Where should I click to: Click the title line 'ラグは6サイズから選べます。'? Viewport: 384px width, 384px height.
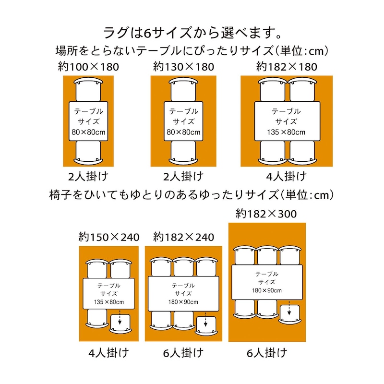(x=192, y=33)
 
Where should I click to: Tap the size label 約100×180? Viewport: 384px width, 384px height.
(x=88, y=66)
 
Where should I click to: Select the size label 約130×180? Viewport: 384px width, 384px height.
(x=183, y=66)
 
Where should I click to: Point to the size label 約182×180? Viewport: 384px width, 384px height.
(x=287, y=66)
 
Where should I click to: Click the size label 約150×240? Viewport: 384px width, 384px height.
(x=109, y=237)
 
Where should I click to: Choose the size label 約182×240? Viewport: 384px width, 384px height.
(x=184, y=237)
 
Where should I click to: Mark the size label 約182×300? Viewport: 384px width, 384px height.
(x=266, y=213)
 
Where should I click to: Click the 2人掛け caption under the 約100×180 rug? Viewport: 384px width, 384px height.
(x=88, y=176)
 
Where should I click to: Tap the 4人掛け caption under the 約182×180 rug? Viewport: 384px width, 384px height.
(x=287, y=176)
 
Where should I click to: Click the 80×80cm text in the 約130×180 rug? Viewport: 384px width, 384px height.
(x=183, y=131)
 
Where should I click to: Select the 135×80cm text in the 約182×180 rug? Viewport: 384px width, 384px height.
(x=287, y=131)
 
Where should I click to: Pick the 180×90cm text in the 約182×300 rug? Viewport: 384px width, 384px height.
(x=267, y=290)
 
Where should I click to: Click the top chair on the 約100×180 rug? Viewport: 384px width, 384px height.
(x=88, y=89)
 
